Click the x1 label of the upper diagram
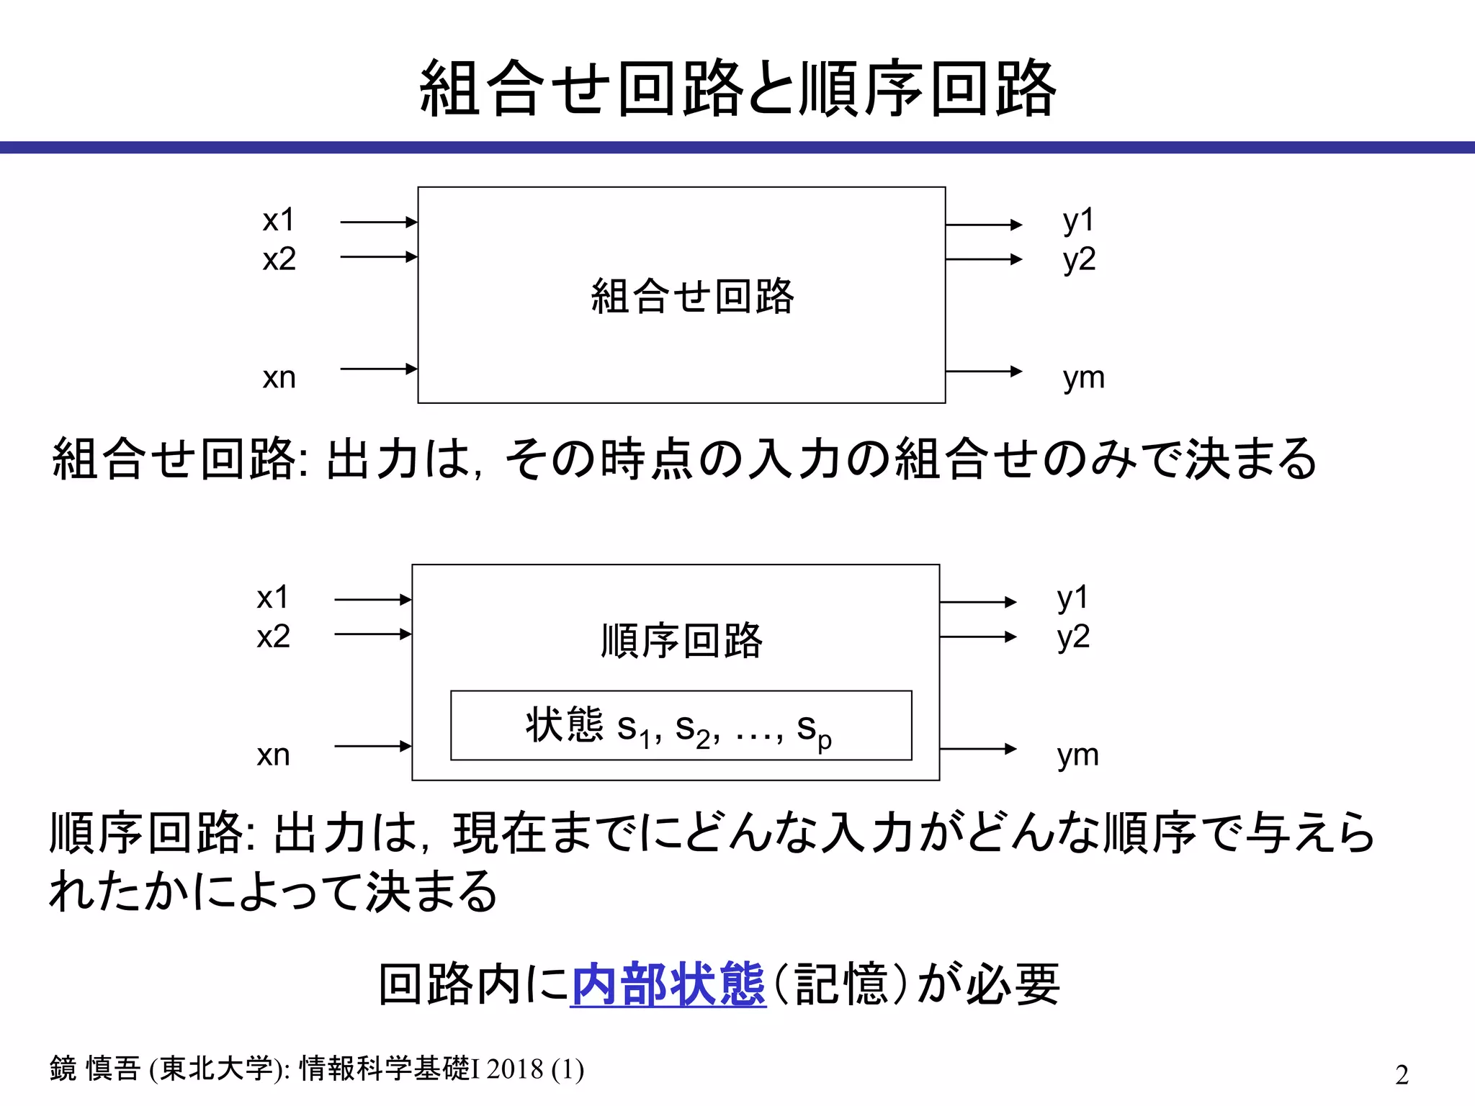279,220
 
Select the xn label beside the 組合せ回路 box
279,377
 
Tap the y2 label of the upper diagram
1079,259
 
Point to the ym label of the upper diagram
1083,377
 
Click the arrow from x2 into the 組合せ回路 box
378,257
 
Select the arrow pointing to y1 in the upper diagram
983,225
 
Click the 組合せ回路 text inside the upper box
692,296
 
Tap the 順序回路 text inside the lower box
681,640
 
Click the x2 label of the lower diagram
273,637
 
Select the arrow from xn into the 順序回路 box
372,747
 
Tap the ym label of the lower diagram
1077,755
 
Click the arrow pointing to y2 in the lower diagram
977,637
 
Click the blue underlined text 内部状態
668,984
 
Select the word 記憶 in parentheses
841,984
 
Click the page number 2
1401,1074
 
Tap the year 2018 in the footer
514,1069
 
